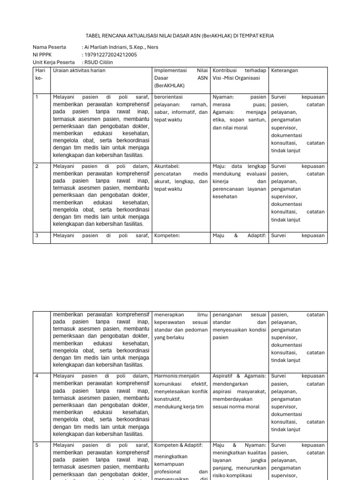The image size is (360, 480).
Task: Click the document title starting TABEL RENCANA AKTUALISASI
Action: coord(180,36)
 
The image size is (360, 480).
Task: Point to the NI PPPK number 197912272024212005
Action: coord(111,55)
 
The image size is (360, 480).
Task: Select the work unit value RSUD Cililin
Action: coord(99,62)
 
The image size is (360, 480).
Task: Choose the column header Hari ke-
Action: coord(39,74)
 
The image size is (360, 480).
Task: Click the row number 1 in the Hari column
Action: coord(37,97)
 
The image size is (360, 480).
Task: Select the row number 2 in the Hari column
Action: coord(37,166)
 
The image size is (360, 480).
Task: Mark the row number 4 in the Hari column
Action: coord(37,376)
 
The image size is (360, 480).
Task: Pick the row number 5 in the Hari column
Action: coord(37,445)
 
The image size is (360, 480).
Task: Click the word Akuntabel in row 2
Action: coord(167,166)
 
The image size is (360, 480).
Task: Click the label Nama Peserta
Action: coord(50,47)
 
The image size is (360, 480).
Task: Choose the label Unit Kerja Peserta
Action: coord(53,62)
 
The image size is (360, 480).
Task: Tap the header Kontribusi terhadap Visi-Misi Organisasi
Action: coord(239,74)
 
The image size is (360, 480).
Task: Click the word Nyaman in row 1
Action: coord(222,97)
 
